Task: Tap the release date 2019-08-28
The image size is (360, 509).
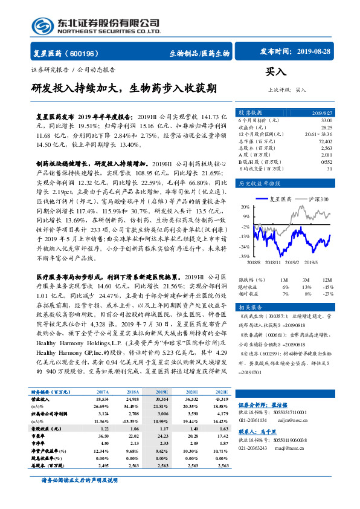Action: tap(315, 52)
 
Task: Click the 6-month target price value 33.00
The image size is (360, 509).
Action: tap(326, 120)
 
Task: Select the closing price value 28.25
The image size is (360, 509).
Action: tap(326, 128)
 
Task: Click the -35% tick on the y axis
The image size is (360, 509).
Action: tap(244, 256)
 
